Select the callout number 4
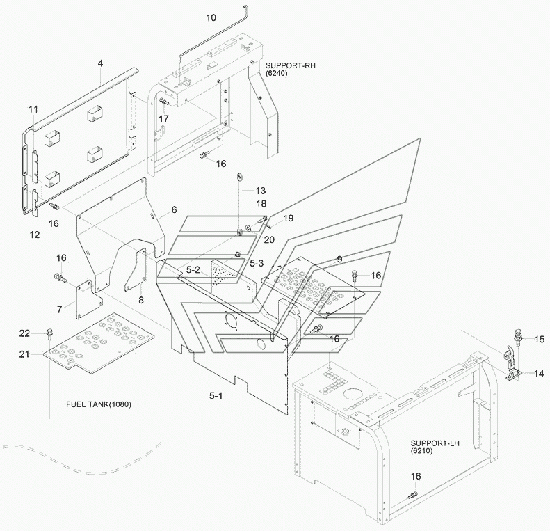(x=100, y=63)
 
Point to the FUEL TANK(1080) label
(x=99, y=404)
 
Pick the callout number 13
(x=260, y=190)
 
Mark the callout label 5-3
(x=257, y=262)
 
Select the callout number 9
(x=339, y=259)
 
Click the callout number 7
(x=60, y=308)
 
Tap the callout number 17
(x=163, y=119)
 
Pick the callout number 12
(x=35, y=235)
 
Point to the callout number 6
(x=174, y=209)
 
